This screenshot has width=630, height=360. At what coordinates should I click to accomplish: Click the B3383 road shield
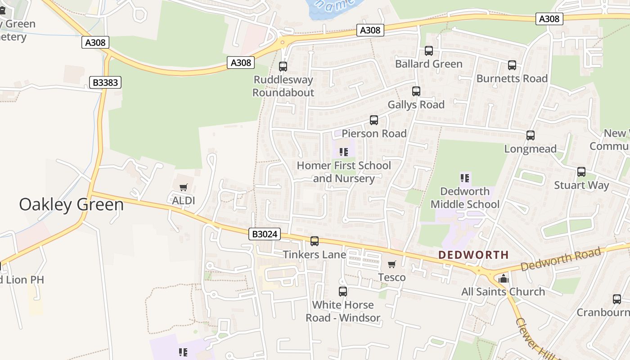point(106,82)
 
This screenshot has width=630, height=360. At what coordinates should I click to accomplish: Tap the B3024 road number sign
point(264,234)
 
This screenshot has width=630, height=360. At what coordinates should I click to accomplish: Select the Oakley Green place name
point(71,205)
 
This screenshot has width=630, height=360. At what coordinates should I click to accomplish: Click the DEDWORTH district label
point(473,255)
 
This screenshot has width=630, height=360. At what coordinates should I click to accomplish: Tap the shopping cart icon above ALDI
point(183,187)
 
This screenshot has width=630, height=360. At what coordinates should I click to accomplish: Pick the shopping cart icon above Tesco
point(391,264)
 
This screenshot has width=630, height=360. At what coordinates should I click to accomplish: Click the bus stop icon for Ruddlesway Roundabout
point(283,67)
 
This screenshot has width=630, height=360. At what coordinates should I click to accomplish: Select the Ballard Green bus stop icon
point(429,51)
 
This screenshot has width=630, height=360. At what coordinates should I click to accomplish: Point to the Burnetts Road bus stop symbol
point(512,65)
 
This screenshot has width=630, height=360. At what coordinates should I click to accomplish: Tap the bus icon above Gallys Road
point(416,91)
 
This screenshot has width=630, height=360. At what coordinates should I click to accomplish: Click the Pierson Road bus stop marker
point(374,120)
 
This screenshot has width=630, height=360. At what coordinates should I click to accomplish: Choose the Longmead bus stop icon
point(531,135)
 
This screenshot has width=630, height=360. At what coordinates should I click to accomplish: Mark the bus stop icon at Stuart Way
point(581,172)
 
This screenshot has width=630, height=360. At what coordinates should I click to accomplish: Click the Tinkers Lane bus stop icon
point(315,241)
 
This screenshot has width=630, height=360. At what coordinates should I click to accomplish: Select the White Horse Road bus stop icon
point(343,292)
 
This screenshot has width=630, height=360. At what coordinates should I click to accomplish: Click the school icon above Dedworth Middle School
point(465,178)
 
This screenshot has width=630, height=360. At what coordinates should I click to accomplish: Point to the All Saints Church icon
point(504,279)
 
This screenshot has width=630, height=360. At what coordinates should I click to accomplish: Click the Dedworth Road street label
point(561,260)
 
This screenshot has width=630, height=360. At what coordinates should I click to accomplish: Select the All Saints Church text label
point(503,292)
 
